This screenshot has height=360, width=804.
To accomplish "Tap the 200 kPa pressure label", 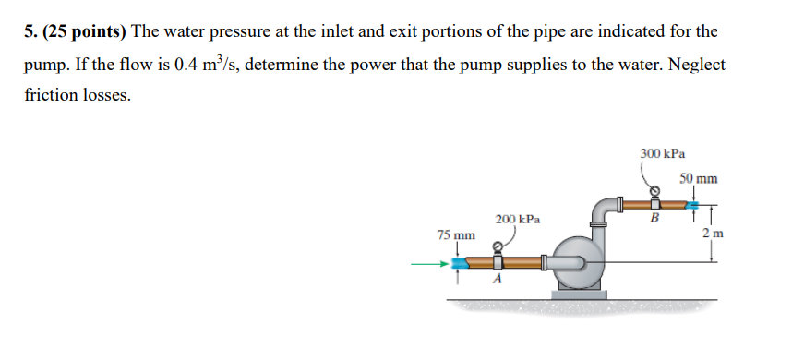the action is [x=517, y=220].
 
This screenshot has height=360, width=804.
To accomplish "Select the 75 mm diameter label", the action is [x=456, y=234].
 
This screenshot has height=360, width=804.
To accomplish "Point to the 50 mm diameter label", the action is [x=698, y=177].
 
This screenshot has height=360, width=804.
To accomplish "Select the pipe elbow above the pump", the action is [x=605, y=210].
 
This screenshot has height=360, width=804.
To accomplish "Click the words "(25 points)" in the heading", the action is [x=82, y=31].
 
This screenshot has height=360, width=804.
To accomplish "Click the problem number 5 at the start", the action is [x=29, y=31].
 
